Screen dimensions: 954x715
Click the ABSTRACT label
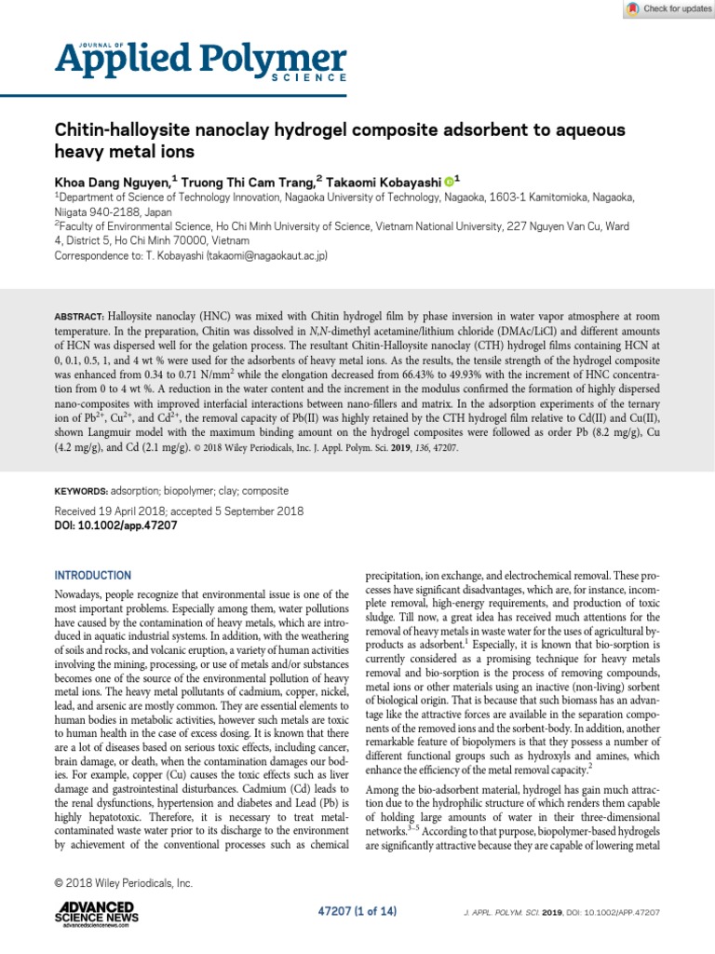(80, 317)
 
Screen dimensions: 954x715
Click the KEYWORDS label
(82, 490)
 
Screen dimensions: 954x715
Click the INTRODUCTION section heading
(94, 576)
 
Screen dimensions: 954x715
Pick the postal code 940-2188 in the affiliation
(122, 211)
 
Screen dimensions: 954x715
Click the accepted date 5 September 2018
(254, 511)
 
